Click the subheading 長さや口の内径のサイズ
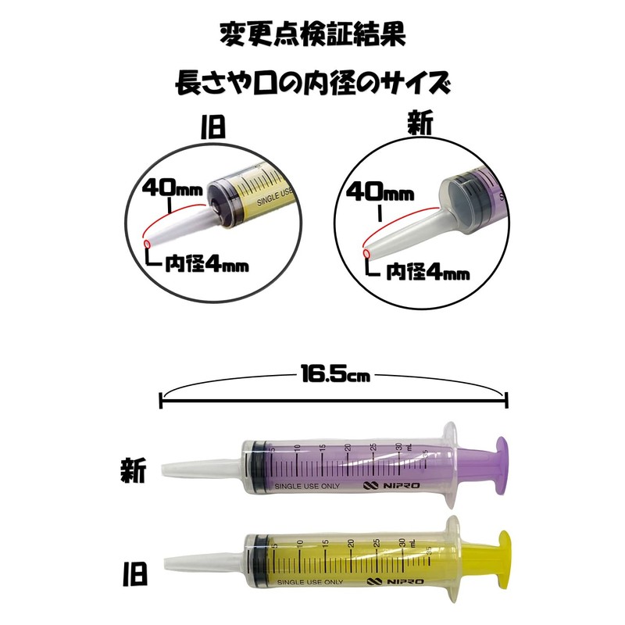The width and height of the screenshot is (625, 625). [x=312, y=81]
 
